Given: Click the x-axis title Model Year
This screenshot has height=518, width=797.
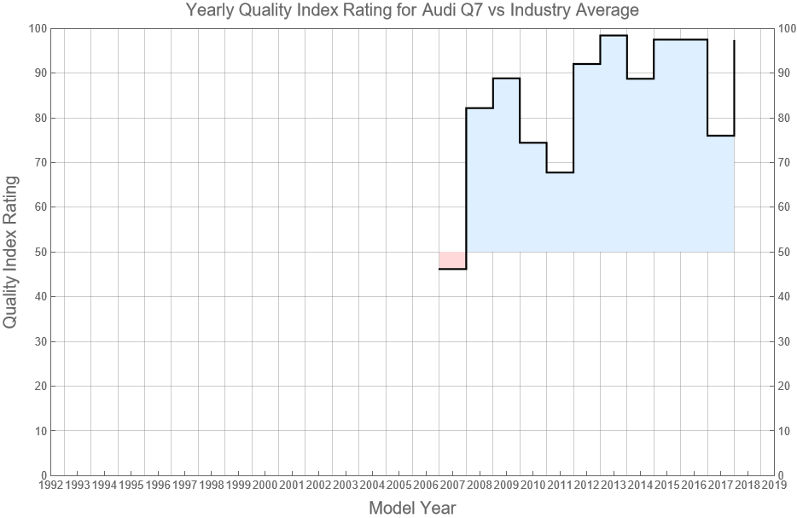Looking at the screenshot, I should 412,508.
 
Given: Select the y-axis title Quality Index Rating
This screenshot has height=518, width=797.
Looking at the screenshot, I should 11,252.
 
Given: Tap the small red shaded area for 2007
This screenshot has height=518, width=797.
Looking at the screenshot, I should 452,260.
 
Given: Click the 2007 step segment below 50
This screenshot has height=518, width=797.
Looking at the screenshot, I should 452,269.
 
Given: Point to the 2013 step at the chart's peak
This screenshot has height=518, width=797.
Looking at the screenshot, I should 614,36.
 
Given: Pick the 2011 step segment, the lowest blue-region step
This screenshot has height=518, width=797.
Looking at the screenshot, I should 560,172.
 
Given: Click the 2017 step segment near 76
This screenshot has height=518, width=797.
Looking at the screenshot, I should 720,136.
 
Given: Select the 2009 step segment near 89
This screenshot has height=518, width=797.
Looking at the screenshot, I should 506,79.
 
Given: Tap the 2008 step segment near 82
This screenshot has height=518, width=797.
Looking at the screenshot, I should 480,108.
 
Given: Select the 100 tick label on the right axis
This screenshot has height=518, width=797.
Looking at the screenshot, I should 788,28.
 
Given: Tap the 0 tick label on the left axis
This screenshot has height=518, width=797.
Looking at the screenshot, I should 41,475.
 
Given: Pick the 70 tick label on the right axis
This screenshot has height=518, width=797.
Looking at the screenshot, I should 786,162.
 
